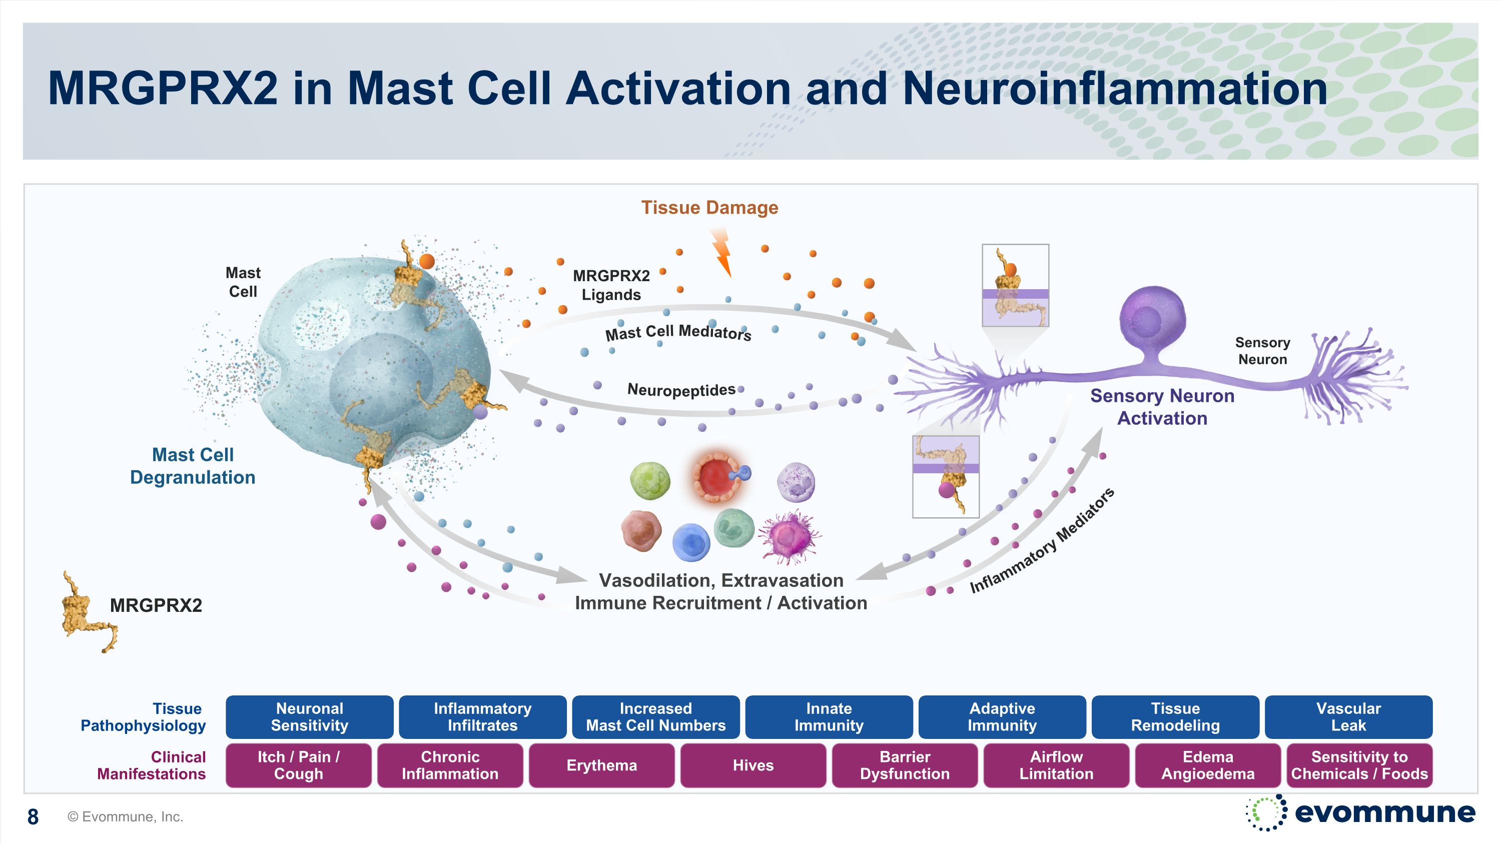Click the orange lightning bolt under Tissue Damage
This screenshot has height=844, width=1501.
pyautogui.click(x=722, y=252)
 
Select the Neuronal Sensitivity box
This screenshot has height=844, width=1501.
pyautogui.click(x=309, y=717)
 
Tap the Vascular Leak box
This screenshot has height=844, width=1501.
pyautogui.click(x=1348, y=717)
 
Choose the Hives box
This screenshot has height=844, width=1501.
pyautogui.click(x=753, y=765)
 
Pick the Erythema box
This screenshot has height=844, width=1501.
pyautogui.click(x=601, y=765)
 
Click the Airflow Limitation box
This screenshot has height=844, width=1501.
pyautogui.click(x=1056, y=765)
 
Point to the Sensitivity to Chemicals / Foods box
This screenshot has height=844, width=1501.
pyautogui.click(x=1359, y=765)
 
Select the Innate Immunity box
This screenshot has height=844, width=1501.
pyautogui.click(x=829, y=717)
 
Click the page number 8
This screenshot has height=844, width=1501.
pyautogui.click(x=33, y=816)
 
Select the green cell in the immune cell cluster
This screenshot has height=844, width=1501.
pyautogui.click(x=650, y=481)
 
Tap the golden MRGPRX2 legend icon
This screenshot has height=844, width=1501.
pyautogui.click(x=88, y=611)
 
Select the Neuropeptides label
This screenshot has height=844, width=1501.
pyautogui.click(x=680, y=390)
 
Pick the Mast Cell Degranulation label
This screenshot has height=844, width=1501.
pyautogui.click(x=192, y=466)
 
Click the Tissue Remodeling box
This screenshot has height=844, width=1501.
pyautogui.click(x=1175, y=717)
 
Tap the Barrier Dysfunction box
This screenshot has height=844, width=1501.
pyautogui.click(x=904, y=765)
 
